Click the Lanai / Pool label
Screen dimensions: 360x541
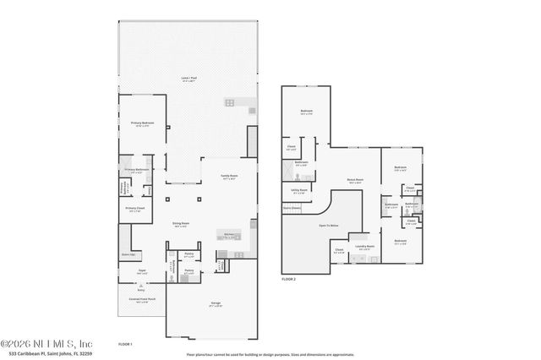(x=189, y=79)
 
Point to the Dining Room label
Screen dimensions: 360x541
(x=179, y=224)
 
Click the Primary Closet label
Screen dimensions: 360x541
(x=136, y=208)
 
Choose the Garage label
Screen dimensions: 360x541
(x=203, y=303)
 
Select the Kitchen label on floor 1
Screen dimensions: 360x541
(x=228, y=235)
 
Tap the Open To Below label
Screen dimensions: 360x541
(x=328, y=226)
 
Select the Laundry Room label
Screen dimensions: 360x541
(x=364, y=247)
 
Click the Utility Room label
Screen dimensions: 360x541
(x=298, y=191)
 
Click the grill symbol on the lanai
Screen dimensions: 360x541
(x=229, y=102)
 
